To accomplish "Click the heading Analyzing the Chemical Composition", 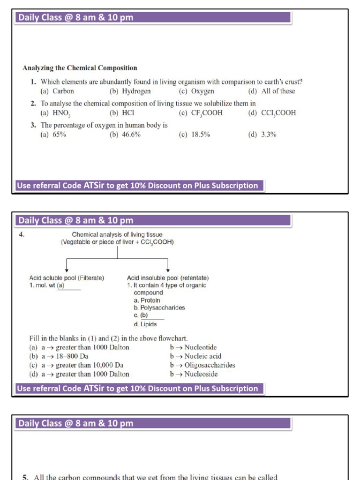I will (x=80, y=68).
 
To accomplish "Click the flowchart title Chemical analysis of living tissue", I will (x=117, y=234).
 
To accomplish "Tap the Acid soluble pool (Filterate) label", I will (x=67, y=278).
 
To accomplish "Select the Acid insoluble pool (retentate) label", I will (x=168, y=278).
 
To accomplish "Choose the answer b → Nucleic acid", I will (x=196, y=356).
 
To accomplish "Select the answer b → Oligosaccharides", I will (x=202, y=365).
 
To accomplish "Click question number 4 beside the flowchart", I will (x=22, y=234).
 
